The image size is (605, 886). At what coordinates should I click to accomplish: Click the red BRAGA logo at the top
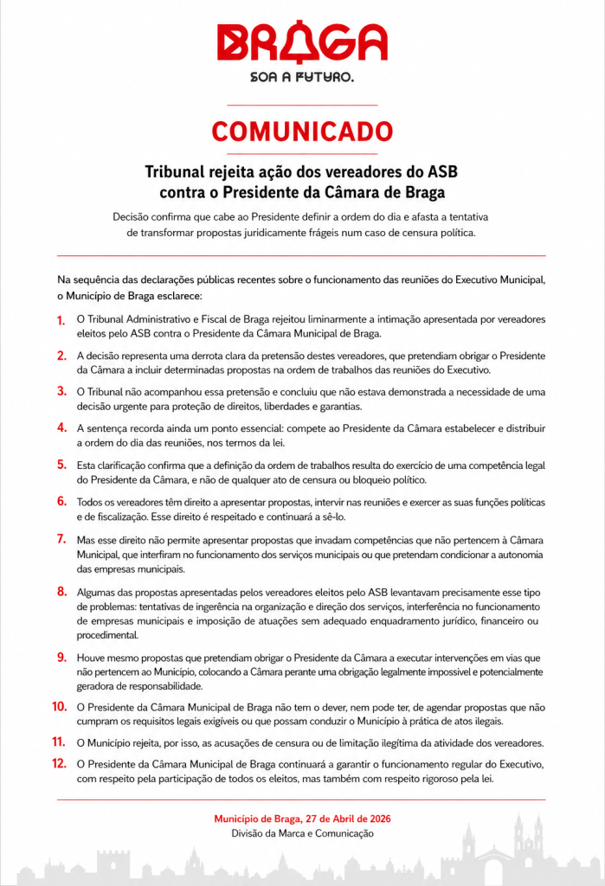tap(302, 43)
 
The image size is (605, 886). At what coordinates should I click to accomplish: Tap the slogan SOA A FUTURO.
tap(302, 77)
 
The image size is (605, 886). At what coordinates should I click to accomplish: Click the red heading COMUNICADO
tap(302, 132)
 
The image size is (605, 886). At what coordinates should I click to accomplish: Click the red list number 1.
tap(61, 320)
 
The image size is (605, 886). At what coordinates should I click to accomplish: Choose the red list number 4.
tap(61, 427)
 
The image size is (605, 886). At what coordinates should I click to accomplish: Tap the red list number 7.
tap(61, 539)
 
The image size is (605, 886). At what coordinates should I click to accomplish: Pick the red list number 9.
tap(61, 658)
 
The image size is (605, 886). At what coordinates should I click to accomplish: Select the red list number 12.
tap(59, 764)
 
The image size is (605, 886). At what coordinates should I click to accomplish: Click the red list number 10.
tap(59, 707)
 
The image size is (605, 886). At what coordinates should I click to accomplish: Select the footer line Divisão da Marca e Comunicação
tap(302, 833)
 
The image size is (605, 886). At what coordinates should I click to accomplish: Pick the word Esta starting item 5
tap(87, 465)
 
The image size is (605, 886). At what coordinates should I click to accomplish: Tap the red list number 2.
tap(61, 356)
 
